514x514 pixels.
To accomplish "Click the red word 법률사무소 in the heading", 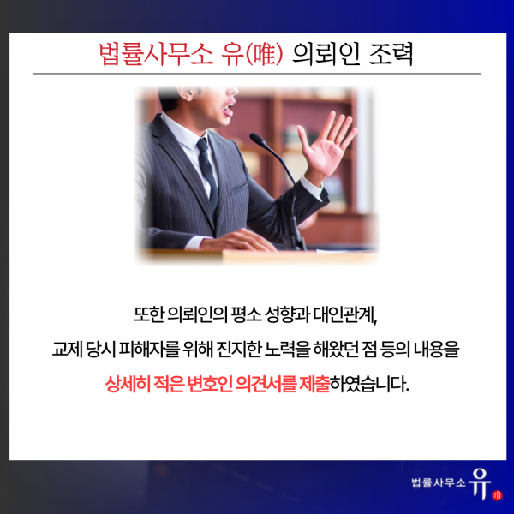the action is point(156,54).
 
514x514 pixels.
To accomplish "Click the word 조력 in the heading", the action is point(391,54).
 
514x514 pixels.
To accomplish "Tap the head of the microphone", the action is point(258,139).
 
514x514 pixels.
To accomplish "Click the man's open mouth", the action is point(229,111).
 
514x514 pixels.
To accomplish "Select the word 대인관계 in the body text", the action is point(345,314).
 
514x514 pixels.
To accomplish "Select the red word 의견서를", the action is point(266,383).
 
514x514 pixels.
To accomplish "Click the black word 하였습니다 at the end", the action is point(369,383).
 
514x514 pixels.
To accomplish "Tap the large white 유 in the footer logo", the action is point(481,483).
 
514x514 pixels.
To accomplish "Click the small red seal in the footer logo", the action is point(497,495).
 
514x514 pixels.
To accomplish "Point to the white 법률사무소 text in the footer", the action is point(439,482).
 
